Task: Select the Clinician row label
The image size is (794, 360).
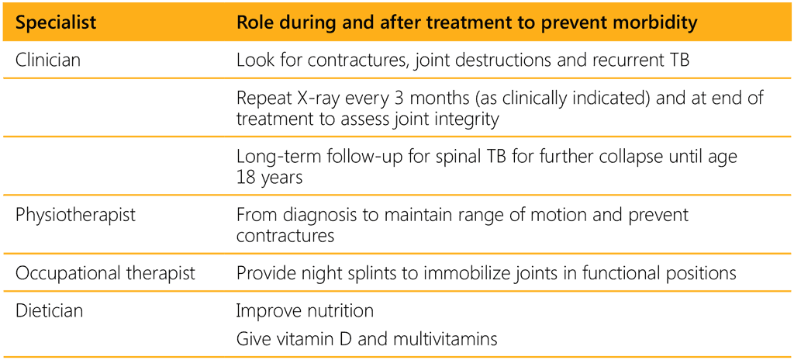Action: pyautogui.click(x=48, y=60)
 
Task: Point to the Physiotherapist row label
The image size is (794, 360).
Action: pyautogui.click(x=75, y=214)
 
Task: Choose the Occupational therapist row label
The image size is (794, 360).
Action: pyautogui.click(x=105, y=273)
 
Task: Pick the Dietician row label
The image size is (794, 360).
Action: pyautogui.click(x=49, y=310)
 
